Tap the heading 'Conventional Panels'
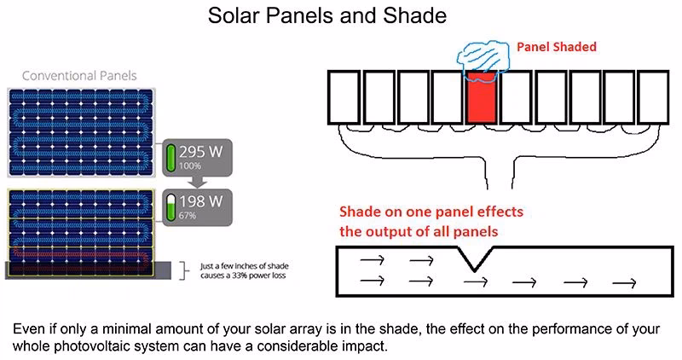click(x=79, y=76)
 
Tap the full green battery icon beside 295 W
click(x=170, y=157)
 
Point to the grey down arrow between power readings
click(x=195, y=181)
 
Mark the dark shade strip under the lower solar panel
click(x=81, y=270)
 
